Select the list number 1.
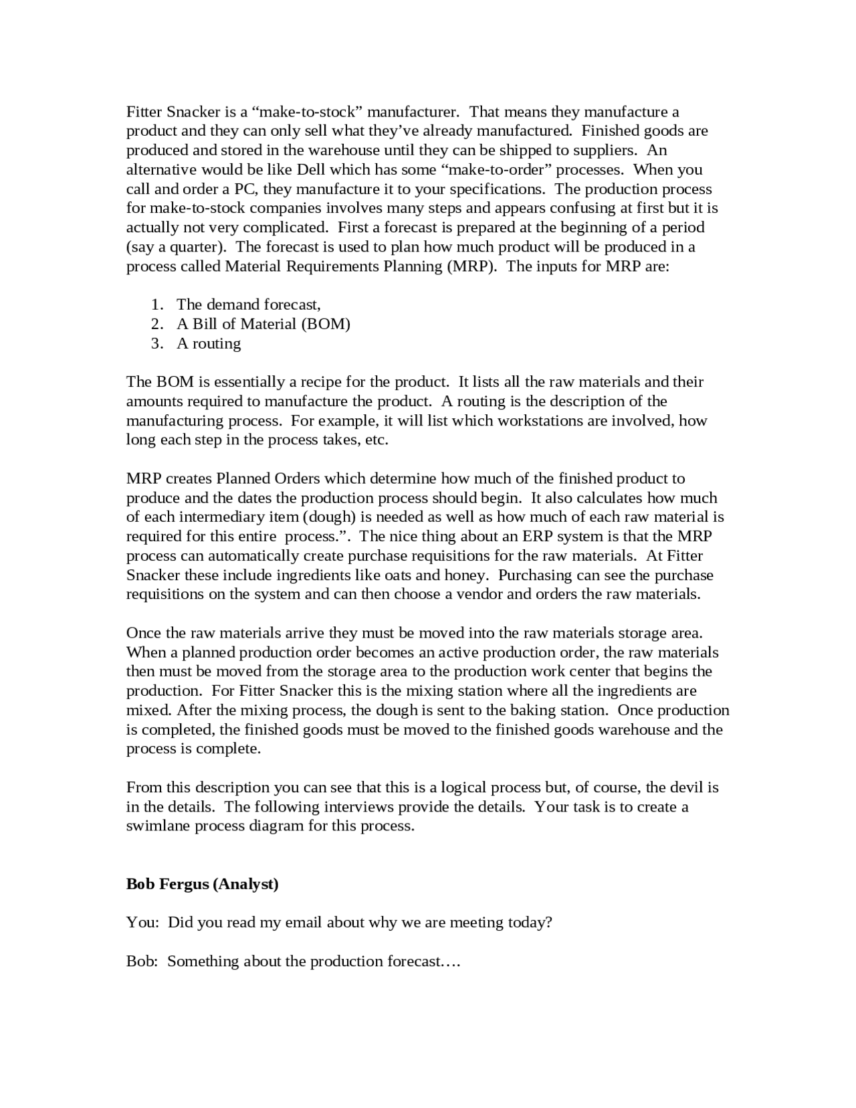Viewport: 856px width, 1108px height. tap(156, 304)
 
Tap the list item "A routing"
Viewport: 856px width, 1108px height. tap(209, 343)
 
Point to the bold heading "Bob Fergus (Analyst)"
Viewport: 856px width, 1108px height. tap(202, 884)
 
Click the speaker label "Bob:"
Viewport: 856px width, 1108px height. tap(142, 961)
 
